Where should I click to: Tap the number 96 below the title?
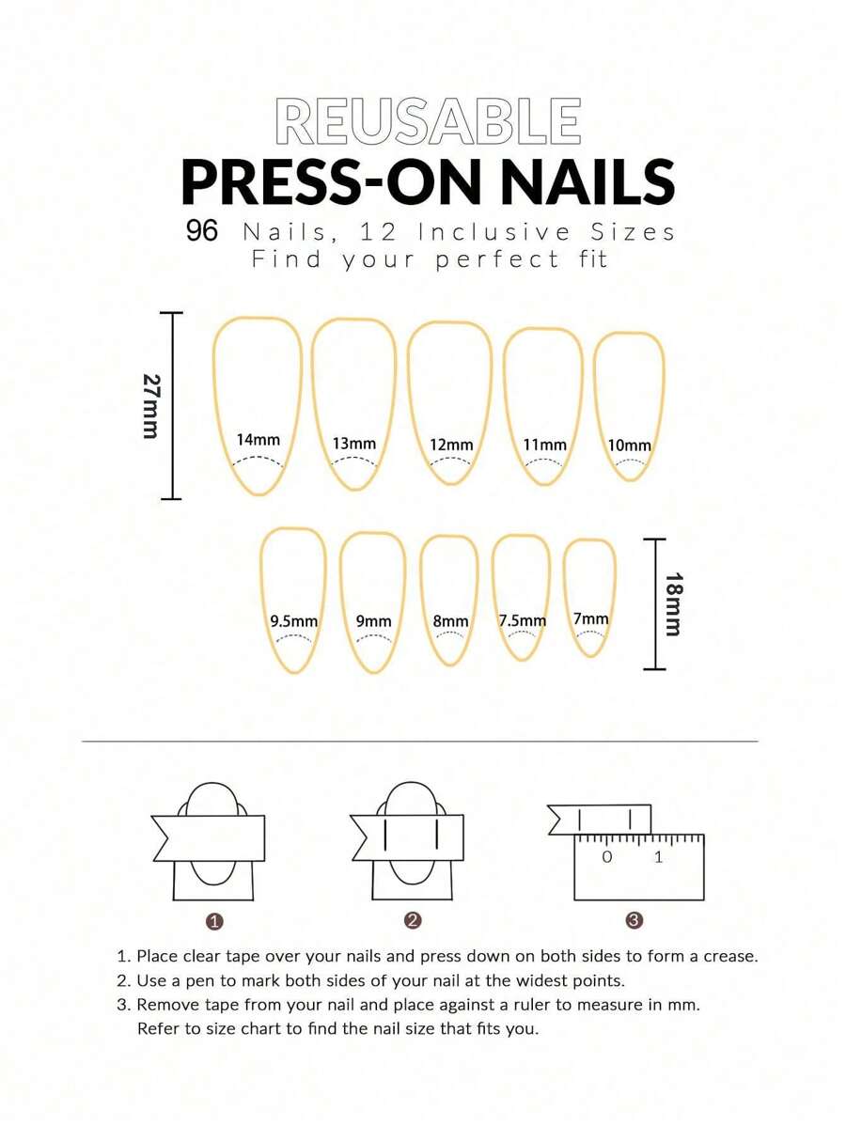(202, 231)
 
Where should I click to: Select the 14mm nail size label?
(258, 440)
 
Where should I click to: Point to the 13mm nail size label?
(354, 444)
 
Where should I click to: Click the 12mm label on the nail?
(451, 446)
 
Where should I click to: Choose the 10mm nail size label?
(629, 446)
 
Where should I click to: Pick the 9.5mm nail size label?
(293, 621)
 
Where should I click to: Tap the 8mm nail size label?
(450, 621)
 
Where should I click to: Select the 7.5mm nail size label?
(522, 620)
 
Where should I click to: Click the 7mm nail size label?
(590, 618)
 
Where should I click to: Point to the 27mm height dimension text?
(150, 406)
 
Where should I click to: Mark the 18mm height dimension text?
(673, 604)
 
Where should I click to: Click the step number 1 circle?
(214, 921)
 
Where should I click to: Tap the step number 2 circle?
(413, 920)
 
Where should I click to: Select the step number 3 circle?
(634, 920)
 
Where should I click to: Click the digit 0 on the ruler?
(607, 856)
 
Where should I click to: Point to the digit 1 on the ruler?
(658, 856)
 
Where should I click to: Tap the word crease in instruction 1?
(730, 957)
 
